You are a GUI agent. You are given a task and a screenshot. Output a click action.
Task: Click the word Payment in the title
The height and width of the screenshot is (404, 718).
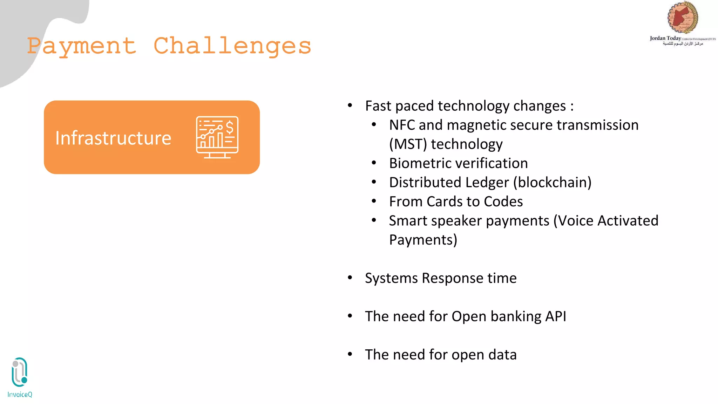(x=82, y=46)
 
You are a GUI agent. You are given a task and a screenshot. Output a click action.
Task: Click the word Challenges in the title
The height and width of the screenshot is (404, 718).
(x=232, y=46)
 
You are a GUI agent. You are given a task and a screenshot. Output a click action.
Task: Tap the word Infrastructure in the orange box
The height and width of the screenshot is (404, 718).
(x=113, y=138)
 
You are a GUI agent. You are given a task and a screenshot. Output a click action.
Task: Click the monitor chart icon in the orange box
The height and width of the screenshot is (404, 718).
(x=217, y=137)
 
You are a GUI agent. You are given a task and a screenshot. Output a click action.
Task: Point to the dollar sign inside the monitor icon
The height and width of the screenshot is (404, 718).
(x=230, y=127)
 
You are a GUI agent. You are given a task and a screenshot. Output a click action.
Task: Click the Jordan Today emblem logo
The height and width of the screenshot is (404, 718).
(x=682, y=18)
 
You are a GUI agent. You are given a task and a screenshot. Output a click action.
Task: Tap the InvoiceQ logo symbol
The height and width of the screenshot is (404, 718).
(x=20, y=372)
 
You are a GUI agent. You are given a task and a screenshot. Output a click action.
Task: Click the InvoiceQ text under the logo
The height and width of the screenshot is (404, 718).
(x=20, y=395)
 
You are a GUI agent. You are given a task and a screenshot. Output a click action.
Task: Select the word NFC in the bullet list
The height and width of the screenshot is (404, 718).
(x=402, y=125)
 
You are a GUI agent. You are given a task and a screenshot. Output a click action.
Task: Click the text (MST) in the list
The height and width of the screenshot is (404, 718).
(x=408, y=144)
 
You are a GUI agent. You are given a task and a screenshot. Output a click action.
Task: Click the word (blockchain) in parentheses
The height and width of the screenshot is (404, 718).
(x=552, y=183)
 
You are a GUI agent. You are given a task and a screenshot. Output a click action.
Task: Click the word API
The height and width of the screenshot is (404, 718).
(x=555, y=316)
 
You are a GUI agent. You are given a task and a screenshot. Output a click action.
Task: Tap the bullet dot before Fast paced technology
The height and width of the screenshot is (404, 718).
(x=350, y=105)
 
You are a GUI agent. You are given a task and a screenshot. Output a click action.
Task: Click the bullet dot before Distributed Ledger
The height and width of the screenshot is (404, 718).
(x=374, y=182)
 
